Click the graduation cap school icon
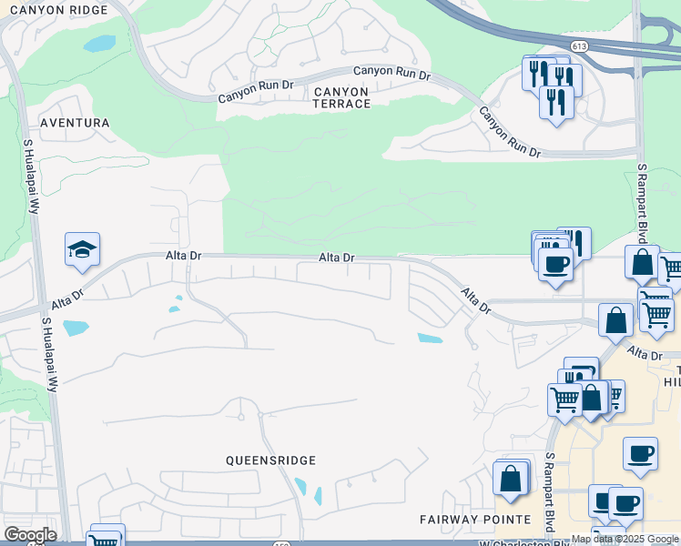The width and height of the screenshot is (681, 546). tap(82, 250)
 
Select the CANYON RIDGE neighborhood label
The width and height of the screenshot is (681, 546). tap(66, 9)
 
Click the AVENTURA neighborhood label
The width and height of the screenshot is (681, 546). tap(75, 122)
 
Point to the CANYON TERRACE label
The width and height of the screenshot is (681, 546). tap(341, 97)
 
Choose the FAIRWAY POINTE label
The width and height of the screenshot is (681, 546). tap(475, 520)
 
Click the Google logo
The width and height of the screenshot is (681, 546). tap(30, 535)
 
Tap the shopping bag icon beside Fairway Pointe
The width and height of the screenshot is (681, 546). tap(511, 478)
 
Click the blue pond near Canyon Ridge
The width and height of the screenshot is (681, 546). tap(99, 43)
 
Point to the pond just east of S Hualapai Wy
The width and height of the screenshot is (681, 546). tap(76, 328)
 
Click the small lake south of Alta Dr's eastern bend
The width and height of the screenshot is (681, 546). tap(430, 339)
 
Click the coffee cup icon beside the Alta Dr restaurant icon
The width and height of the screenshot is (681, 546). tap(555, 265)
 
